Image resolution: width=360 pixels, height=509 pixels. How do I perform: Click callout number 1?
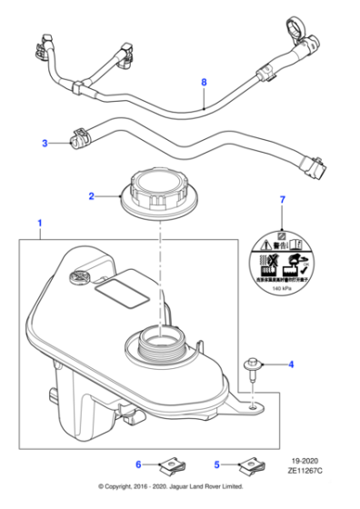(38, 223)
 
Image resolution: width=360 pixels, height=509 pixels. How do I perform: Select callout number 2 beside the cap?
(91, 195)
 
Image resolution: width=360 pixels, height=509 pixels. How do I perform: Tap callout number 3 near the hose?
(44, 143)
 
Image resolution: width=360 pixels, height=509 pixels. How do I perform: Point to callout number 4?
(291, 365)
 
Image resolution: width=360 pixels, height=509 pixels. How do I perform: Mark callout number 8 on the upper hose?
(204, 83)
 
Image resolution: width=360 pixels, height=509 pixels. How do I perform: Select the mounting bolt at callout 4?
(254, 368)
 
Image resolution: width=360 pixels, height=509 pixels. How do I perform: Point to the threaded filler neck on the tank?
(159, 346)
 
